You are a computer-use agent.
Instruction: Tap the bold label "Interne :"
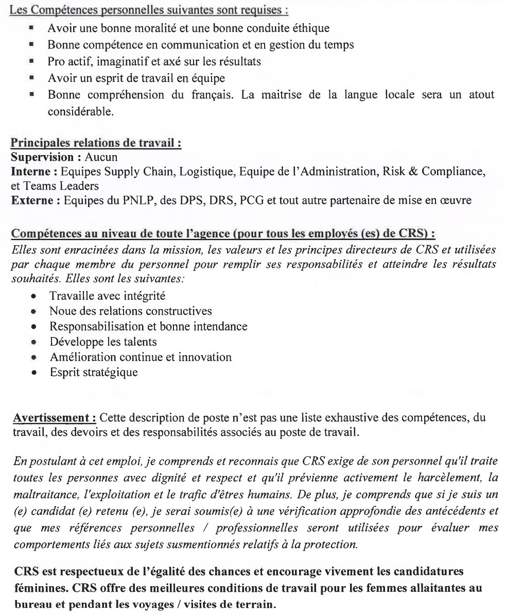32,171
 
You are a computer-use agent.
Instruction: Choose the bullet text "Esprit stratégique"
94,372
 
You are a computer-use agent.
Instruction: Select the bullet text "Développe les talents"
103,341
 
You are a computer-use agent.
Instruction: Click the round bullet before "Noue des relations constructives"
33,312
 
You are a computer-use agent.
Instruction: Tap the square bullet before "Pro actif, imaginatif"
32,61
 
